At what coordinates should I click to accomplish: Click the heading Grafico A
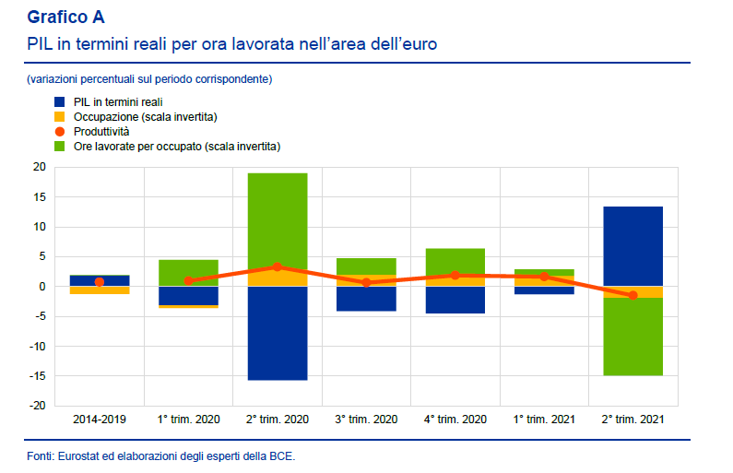tap(65, 17)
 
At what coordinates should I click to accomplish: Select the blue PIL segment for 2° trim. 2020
tap(278, 333)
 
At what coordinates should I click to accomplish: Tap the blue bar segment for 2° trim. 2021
tap(633, 246)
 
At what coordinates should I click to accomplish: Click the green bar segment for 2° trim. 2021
tap(633, 337)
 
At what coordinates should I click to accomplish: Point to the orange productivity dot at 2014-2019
tap(100, 282)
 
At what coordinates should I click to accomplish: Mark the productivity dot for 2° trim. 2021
tap(633, 295)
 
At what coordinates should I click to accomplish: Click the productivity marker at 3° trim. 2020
tap(366, 282)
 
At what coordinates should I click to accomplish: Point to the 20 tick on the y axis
tap(39, 168)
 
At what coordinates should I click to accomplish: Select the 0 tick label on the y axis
tap(41, 287)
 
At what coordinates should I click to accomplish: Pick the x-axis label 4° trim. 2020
tap(455, 419)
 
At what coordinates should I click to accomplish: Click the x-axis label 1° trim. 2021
tap(544, 419)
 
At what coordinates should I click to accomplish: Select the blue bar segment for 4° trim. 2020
tap(455, 300)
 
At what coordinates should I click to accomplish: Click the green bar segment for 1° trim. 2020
tap(188, 273)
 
